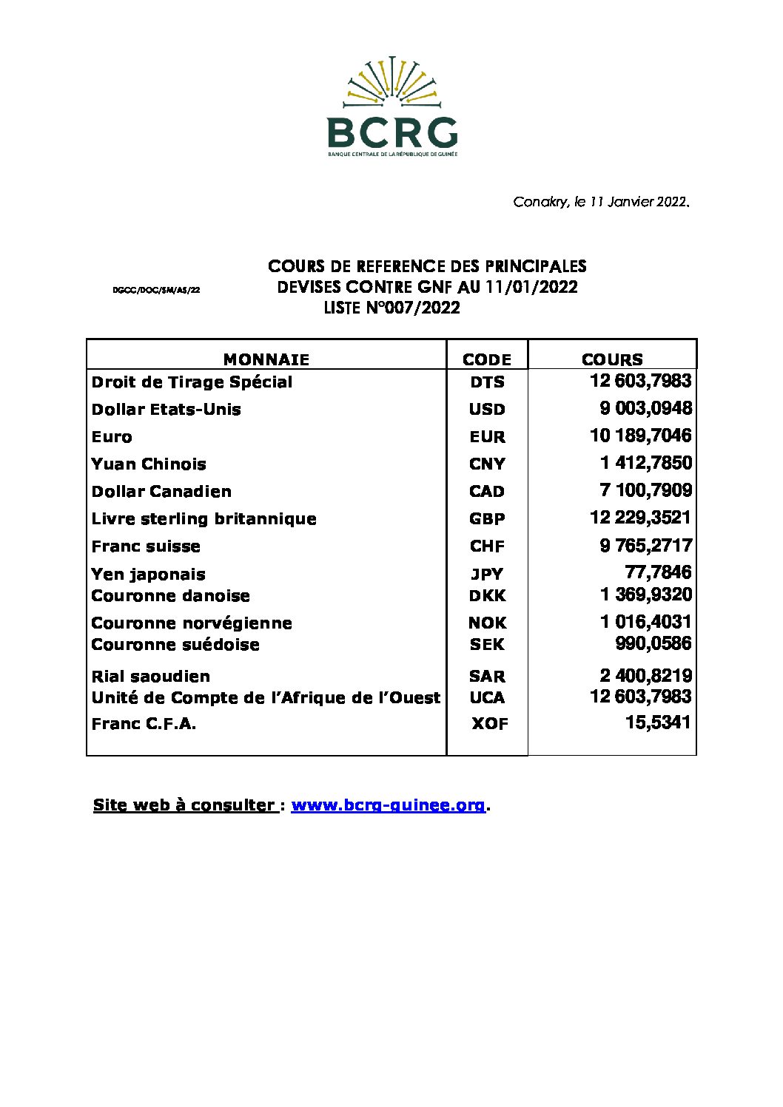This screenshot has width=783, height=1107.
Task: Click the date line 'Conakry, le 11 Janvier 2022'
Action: point(602,202)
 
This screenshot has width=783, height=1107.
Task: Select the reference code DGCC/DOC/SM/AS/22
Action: point(156,291)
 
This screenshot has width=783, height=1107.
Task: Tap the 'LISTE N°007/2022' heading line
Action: point(391,308)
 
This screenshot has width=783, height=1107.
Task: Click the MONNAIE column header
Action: point(266,359)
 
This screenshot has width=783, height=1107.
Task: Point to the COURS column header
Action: point(612,359)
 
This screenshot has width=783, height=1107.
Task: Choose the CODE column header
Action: point(487,359)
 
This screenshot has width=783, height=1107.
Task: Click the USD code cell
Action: point(487,410)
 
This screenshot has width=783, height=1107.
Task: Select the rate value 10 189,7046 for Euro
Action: point(641,436)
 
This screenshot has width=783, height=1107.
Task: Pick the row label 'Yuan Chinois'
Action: point(149,464)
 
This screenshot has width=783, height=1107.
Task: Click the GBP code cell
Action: point(487,519)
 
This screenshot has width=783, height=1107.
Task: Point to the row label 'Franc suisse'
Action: point(146,546)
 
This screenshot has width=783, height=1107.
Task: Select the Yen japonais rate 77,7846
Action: point(659,572)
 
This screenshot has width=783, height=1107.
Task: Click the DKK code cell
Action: point(487,596)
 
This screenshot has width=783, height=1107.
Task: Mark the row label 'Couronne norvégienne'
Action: point(192,623)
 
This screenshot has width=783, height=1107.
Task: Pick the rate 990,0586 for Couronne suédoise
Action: point(653,643)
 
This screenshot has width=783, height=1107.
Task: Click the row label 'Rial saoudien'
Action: point(151,677)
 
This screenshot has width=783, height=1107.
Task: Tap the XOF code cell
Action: point(490,724)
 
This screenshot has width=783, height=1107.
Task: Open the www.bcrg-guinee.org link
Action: point(389,805)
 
